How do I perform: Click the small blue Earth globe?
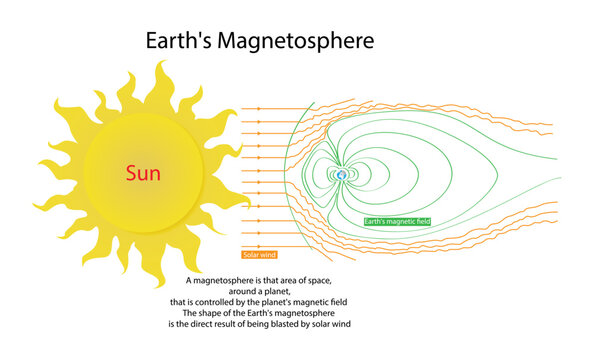(x=341, y=174)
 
